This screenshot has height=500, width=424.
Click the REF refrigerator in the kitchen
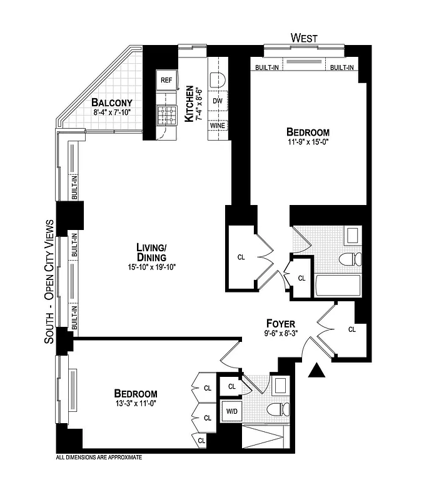click(166, 81)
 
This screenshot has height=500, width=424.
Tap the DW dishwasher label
click(217, 101)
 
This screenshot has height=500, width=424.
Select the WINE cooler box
click(217, 125)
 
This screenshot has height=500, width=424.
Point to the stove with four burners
click(166, 114)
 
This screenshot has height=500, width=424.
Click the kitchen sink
click(216, 80)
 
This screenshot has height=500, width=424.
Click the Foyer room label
click(281, 323)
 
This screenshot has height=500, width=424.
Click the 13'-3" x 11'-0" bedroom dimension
click(135, 404)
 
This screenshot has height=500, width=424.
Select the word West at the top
click(304, 39)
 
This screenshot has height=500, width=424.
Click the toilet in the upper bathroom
click(346, 259)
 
